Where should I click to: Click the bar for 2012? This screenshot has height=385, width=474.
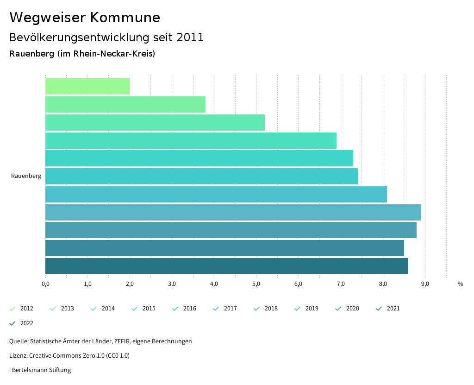click(x=87, y=87)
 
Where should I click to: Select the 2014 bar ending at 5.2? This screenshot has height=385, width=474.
click(x=155, y=122)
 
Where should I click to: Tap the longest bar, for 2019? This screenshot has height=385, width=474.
click(x=233, y=212)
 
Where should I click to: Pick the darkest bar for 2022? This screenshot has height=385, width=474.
click(x=227, y=266)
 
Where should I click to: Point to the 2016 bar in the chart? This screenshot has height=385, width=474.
click(x=199, y=158)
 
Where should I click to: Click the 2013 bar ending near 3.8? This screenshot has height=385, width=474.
click(x=125, y=105)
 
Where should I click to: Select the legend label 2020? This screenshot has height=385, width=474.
click(x=352, y=309)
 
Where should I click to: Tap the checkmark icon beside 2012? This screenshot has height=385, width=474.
click(x=12, y=309)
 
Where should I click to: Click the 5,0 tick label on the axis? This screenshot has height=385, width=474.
click(x=256, y=284)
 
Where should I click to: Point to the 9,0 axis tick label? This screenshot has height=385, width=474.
click(x=425, y=284)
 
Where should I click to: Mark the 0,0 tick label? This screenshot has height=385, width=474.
click(x=45, y=284)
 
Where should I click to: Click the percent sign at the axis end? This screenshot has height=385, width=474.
click(x=460, y=284)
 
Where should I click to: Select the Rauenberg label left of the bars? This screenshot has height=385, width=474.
click(x=26, y=176)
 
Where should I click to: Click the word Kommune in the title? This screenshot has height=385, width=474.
click(x=125, y=18)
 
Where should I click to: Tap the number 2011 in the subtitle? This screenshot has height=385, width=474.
click(x=190, y=38)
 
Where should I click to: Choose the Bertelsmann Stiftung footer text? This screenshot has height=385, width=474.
click(x=41, y=370)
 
